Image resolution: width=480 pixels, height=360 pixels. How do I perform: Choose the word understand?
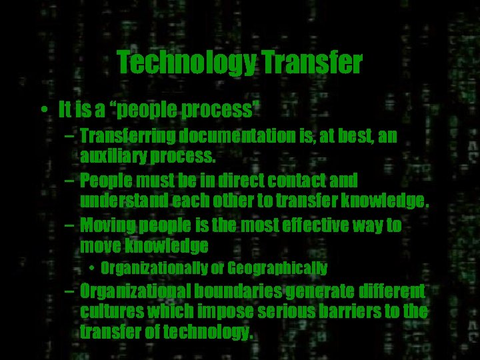[123, 201]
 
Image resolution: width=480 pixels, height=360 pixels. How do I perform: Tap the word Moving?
[107, 225]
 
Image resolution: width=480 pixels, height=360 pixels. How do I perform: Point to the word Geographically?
[277, 269]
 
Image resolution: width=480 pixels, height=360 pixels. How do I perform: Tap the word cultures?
[109, 311]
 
